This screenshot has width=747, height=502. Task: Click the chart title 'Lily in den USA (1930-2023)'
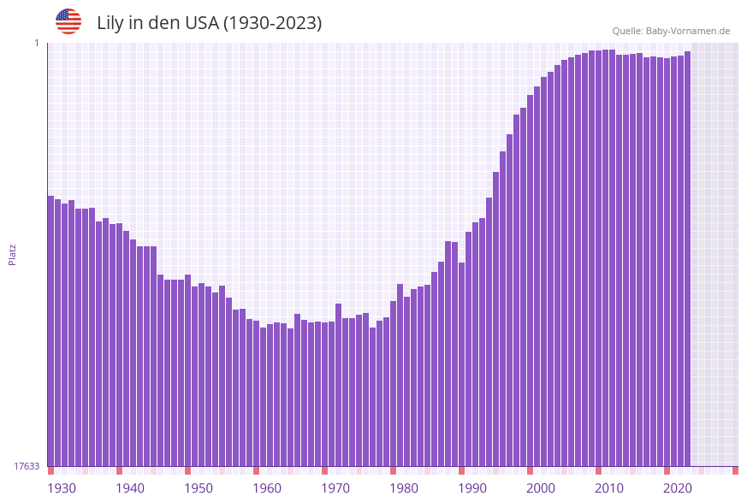209,23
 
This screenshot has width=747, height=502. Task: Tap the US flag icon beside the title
68,21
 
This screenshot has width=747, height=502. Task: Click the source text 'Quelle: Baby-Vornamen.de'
671,31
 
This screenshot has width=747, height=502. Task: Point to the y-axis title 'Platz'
13,254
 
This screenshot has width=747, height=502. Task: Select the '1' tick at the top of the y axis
37,43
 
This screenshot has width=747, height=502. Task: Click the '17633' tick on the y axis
27,466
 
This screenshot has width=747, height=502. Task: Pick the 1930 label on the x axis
61,488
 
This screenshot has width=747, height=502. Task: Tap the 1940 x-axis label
130,488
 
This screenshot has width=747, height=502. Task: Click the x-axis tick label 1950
199,488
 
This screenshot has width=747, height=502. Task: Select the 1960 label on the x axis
267,488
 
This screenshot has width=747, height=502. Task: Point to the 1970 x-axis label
335,488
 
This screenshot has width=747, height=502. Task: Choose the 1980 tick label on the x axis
404,488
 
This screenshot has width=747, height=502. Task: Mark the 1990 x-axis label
472,488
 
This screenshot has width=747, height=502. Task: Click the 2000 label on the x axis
541,488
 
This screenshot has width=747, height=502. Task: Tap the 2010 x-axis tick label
609,488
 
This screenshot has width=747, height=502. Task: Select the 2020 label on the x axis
678,488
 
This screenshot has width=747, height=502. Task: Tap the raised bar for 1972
339,384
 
